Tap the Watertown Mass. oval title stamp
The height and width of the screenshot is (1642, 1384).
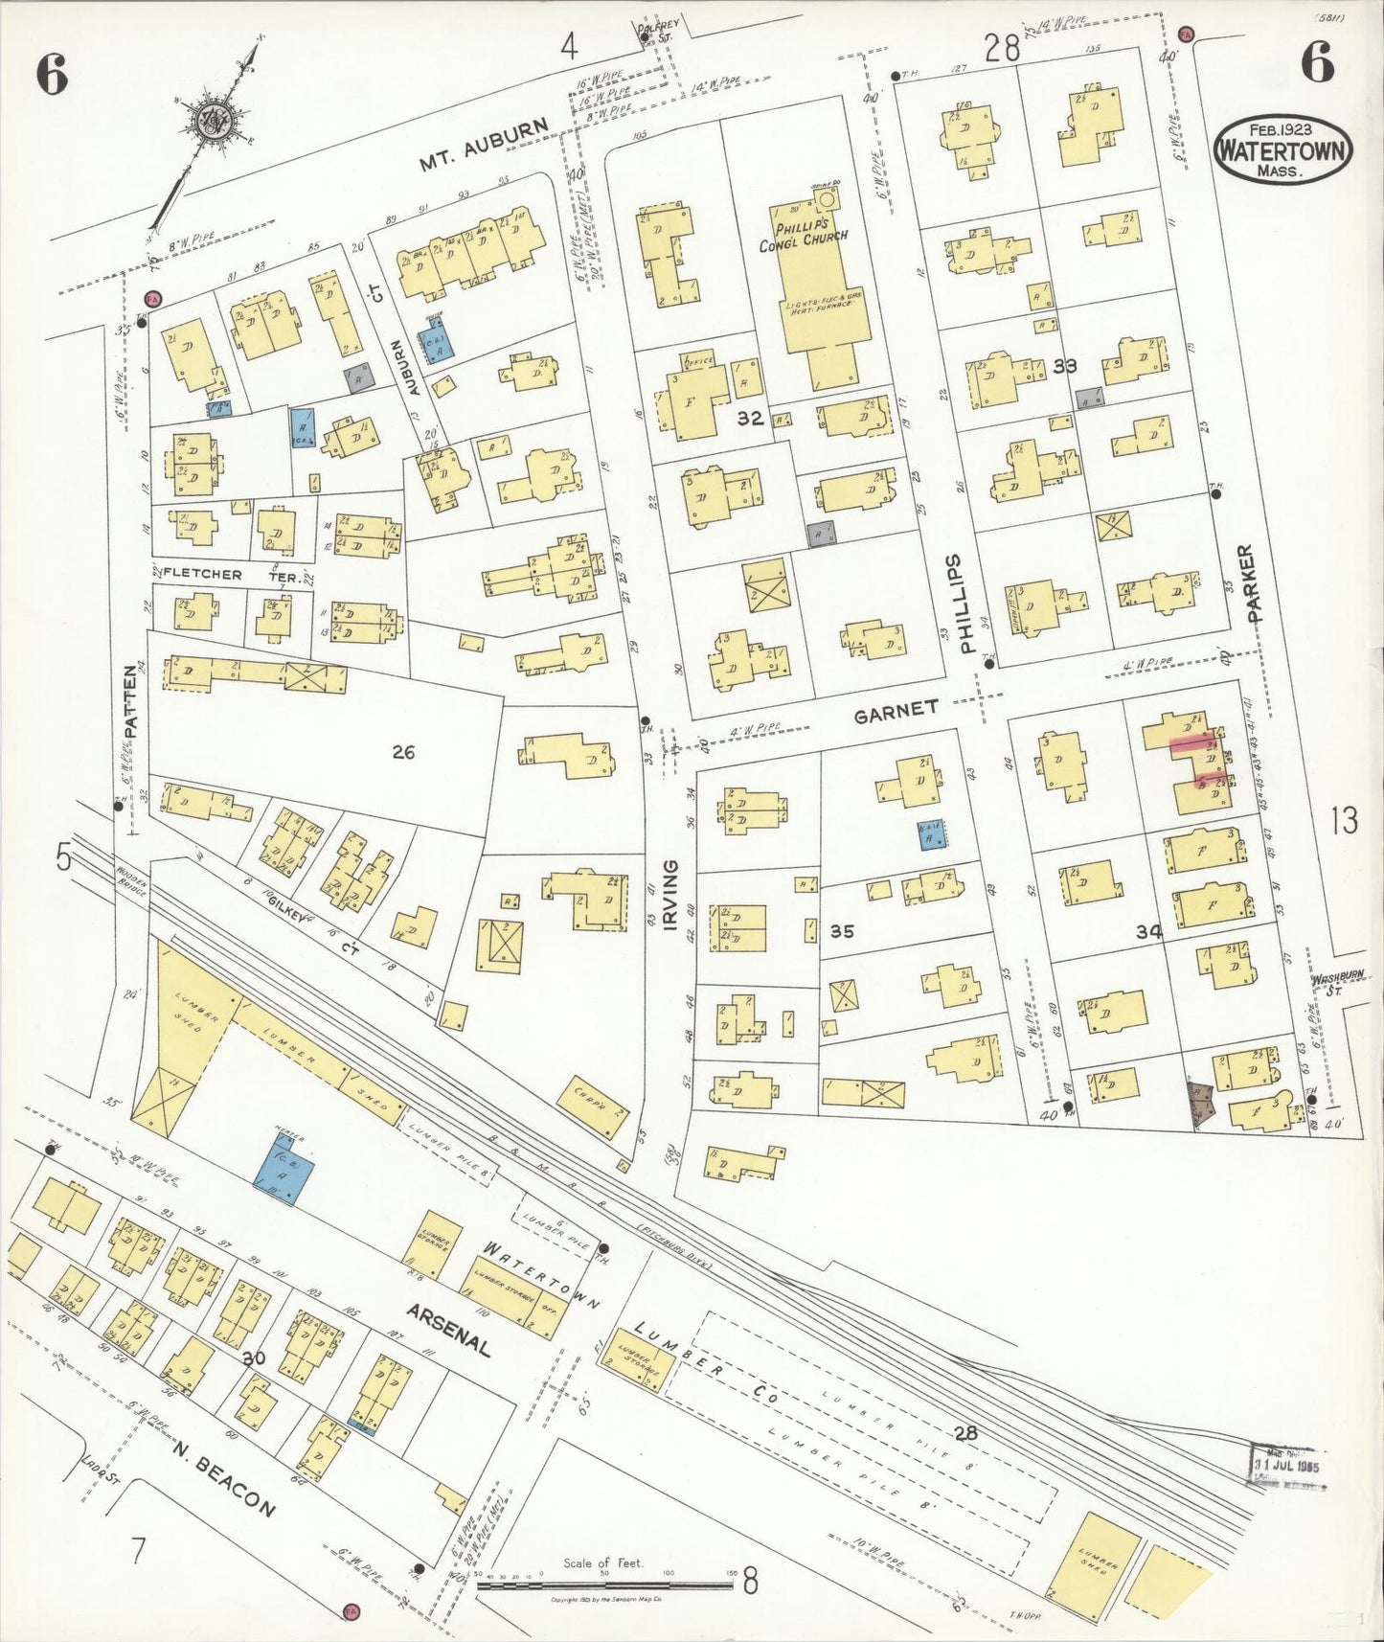point(1282,150)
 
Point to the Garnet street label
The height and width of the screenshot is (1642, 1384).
point(896,709)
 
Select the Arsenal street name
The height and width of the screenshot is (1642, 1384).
point(448,1330)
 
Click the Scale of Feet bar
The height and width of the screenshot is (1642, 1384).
point(605,1585)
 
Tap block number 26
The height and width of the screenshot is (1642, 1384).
point(402,752)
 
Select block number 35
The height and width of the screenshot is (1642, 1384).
point(841,930)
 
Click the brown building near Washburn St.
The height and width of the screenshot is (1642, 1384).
point(1201,1102)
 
